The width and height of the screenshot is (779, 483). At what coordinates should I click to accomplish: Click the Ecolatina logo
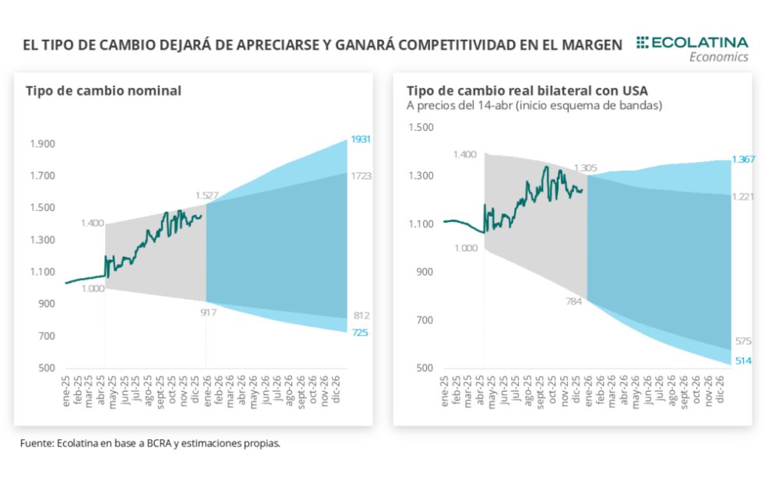(692, 48)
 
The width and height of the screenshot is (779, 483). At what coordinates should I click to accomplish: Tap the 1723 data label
(360, 176)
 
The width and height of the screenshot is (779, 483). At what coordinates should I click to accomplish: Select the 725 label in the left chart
(360, 333)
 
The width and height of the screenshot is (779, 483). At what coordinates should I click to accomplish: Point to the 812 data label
(360, 316)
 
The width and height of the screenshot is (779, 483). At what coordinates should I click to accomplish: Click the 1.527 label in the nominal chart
(206, 195)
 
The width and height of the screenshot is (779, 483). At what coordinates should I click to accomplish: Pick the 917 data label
(207, 312)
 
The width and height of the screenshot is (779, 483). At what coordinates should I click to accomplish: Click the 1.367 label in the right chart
(742, 159)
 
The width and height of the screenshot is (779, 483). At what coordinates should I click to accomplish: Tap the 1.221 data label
(742, 196)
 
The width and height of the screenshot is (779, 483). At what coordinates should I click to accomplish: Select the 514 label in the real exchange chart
(742, 359)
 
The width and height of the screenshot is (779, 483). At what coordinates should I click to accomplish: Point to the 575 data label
(742, 341)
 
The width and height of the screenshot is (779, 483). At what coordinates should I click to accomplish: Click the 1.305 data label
(586, 167)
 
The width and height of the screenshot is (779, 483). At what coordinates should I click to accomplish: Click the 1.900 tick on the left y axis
(42, 144)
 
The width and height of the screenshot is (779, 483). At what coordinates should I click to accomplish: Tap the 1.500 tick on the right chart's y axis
(420, 127)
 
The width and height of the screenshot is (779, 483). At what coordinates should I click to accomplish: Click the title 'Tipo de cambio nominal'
(103, 90)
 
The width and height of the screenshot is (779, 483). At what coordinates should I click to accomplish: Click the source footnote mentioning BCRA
(150, 443)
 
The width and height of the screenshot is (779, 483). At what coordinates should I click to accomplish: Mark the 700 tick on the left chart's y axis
(47, 337)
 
